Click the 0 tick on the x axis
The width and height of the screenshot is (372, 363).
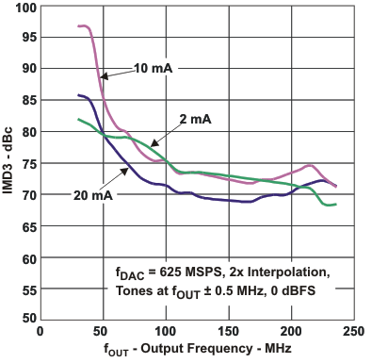click(40, 332)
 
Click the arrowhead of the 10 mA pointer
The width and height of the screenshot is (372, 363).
click(101, 78)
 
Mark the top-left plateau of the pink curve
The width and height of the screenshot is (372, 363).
click(84, 26)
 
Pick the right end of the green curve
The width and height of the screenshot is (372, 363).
click(334, 205)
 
